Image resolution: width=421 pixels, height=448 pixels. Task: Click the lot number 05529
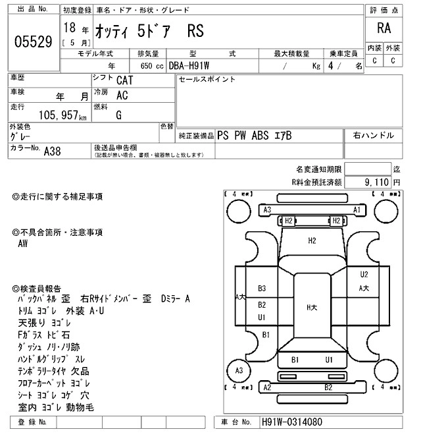point(33,42)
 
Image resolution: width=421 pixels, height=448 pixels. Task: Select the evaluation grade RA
point(384,28)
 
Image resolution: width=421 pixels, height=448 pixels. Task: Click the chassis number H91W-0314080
point(293,422)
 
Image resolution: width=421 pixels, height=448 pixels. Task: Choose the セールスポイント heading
point(207,80)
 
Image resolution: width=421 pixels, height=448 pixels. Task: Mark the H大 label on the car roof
point(311,307)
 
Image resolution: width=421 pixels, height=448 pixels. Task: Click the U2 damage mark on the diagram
point(364,274)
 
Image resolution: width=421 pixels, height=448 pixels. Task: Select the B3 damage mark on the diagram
point(261,289)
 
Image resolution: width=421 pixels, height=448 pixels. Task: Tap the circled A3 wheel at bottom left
point(239,371)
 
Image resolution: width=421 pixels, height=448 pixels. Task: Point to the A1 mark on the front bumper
point(357,210)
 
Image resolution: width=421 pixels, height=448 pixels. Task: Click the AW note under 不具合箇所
point(24,243)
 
